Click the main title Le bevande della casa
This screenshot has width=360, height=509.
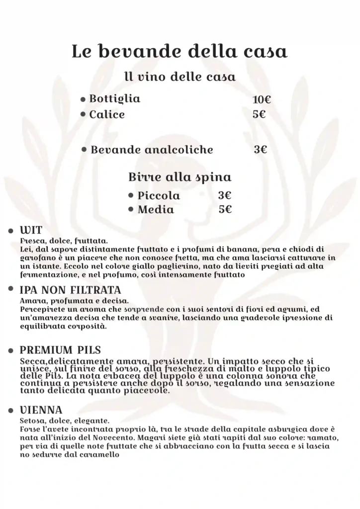pyautogui.click(x=180, y=52)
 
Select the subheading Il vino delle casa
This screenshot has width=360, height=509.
pyautogui.click(x=180, y=78)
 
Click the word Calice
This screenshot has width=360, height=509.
pyautogui.click(x=107, y=115)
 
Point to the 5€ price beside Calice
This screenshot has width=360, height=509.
pyautogui.click(x=259, y=114)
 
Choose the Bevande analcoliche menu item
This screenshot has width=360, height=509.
pyautogui.click(x=152, y=150)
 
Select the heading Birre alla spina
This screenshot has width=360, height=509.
pyautogui.click(x=180, y=177)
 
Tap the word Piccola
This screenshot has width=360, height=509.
pyautogui.click(x=159, y=196)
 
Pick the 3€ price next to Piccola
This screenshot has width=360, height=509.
pyautogui.click(x=225, y=196)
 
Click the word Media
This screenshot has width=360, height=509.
pyautogui.click(x=156, y=210)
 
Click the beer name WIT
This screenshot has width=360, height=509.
pyautogui.click(x=31, y=231)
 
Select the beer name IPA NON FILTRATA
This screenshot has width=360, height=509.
pyautogui.click(x=70, y=290)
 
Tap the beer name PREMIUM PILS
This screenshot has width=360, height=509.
pyautogui.click(x=60, y=350)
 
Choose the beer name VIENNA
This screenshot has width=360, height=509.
pyautogui.click(x=41, y=410)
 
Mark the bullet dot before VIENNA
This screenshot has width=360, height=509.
pyautogui.click(x=10, y=411)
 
